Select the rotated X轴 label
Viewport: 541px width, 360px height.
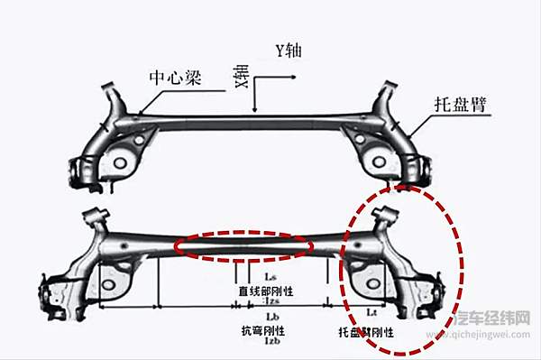[240, 77]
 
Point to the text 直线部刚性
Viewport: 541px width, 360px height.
[266, 291]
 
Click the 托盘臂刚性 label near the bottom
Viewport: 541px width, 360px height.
[366, 331]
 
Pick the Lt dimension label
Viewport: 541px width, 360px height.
[371, 311]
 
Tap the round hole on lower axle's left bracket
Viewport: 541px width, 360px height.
[109, 286]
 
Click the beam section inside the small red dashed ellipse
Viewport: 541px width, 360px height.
[243, 245]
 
